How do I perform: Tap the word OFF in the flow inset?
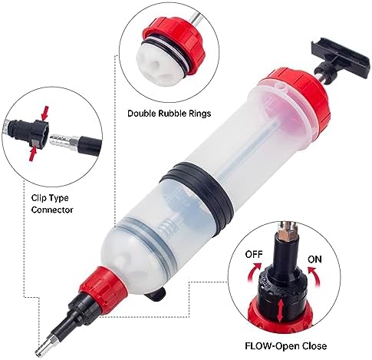pos(254,254)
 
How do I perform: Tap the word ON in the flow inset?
pos(314,259)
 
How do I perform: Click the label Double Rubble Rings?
pos(170,114)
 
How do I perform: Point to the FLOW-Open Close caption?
pos(286,346)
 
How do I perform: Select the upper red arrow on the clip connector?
pos(45,113)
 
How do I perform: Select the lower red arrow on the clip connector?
pos(32,154)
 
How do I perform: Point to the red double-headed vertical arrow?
pos(280,311)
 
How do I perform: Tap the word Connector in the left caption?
pos(52,210)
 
